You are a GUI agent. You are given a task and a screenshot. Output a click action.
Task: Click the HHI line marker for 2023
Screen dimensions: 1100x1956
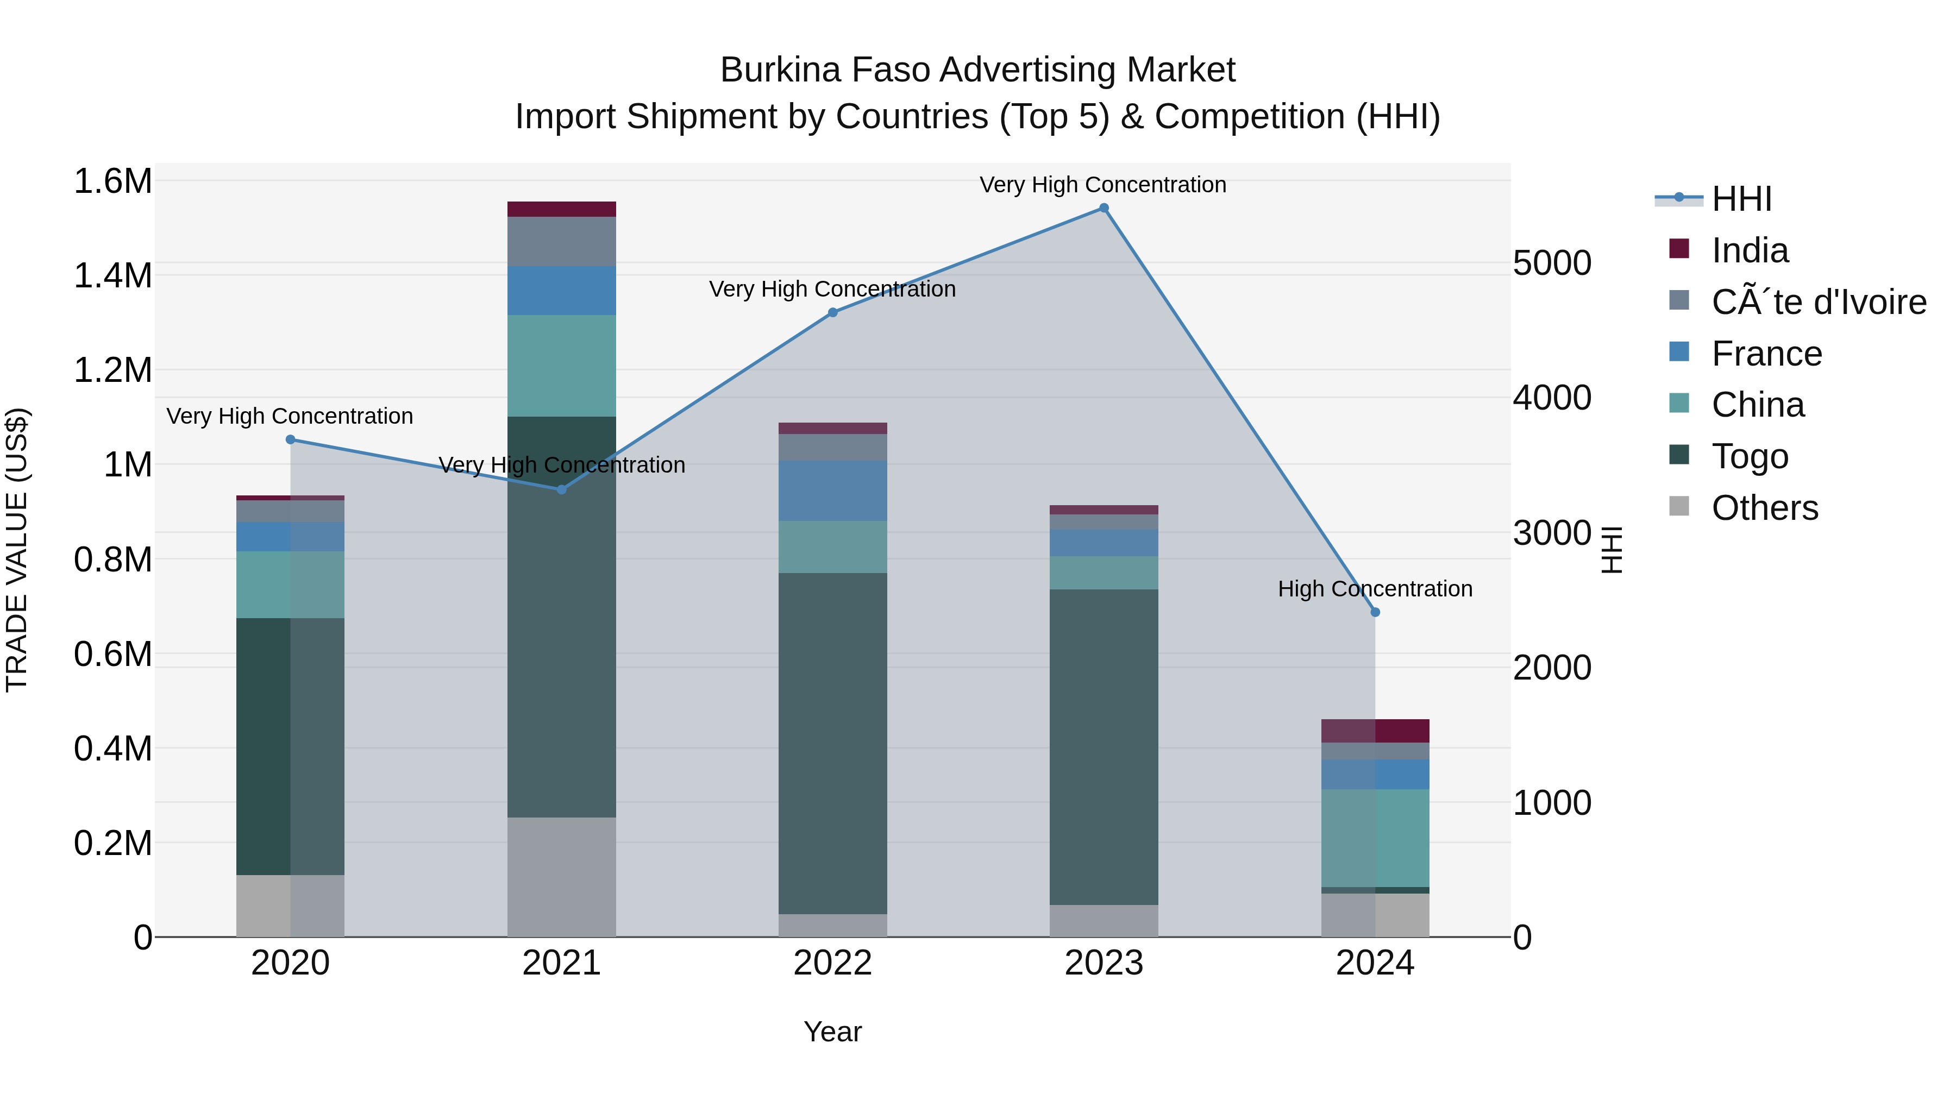coord(1104,208)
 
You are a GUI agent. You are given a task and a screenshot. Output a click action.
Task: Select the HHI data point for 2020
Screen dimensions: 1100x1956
coord(290,439)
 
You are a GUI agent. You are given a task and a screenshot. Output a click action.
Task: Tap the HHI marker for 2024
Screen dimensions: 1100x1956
coord(1375,612)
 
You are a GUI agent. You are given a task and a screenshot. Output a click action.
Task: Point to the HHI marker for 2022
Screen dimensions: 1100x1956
coord(833,312)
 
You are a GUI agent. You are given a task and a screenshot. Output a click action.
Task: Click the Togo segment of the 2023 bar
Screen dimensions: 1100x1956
coord(1104,746)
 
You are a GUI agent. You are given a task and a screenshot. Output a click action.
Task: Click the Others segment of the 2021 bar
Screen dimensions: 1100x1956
coord(561,877)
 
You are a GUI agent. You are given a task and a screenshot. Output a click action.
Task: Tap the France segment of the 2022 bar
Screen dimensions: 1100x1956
coord(833,491)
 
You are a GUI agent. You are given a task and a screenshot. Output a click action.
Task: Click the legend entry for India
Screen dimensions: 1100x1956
coord(1750,250)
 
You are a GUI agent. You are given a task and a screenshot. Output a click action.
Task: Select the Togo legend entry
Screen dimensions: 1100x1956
coord(1750,456)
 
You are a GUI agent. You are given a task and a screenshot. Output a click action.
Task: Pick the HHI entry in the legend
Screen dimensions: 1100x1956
coord(1741,199)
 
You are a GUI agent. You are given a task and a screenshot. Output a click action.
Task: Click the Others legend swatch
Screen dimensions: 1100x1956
coord(1679,506)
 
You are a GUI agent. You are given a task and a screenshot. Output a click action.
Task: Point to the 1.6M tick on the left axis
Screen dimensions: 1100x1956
coord(112,181)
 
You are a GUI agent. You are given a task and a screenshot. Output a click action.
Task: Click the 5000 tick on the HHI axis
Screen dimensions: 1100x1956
coord(1552,263)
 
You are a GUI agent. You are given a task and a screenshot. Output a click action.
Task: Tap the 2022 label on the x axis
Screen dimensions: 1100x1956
coord(833,963)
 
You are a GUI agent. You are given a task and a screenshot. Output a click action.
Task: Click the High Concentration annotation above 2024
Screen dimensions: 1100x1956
coord(1375,588)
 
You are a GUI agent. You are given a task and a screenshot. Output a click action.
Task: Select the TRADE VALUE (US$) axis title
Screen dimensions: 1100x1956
coord(17,550)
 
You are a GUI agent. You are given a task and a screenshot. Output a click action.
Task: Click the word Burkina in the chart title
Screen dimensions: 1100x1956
coord(781,70)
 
